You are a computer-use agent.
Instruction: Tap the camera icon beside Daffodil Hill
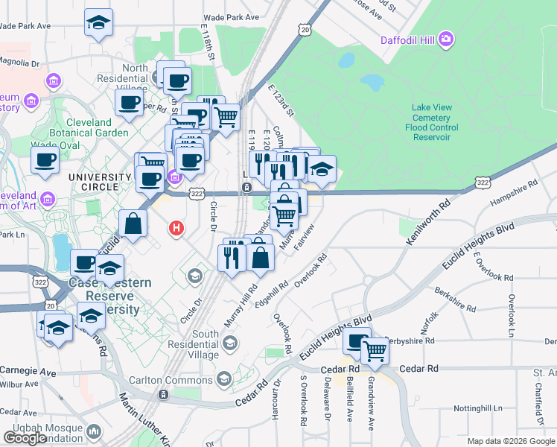(446, 39)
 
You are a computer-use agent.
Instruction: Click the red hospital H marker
(176, 228)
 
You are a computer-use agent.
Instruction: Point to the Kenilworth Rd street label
(429, 222)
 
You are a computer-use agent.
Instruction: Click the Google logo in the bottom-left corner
(25, 438)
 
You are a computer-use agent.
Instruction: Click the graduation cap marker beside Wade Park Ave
(98, 22)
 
